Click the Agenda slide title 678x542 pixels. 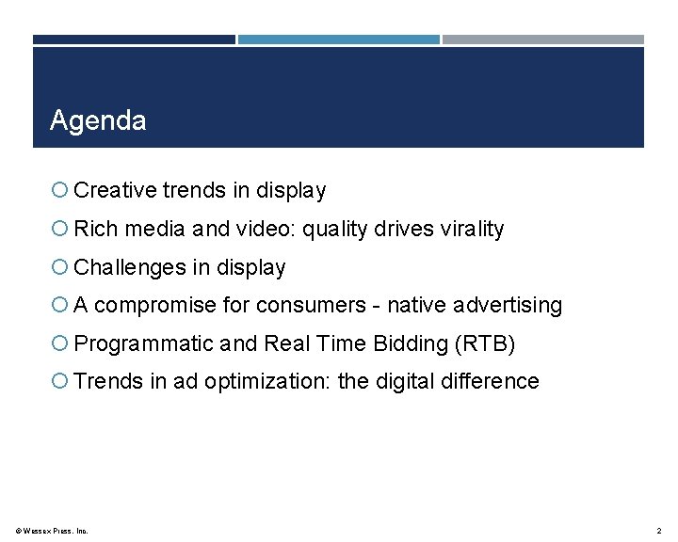98,120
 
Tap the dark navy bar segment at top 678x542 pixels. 134,40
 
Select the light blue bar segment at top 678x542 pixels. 338,40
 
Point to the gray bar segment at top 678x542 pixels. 542,40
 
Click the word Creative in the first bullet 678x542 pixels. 115,190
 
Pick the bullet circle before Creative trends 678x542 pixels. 59,191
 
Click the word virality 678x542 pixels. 472,229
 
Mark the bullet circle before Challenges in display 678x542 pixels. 59,268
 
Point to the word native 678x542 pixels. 418,305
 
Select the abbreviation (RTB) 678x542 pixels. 484,343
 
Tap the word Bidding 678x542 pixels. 412,343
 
